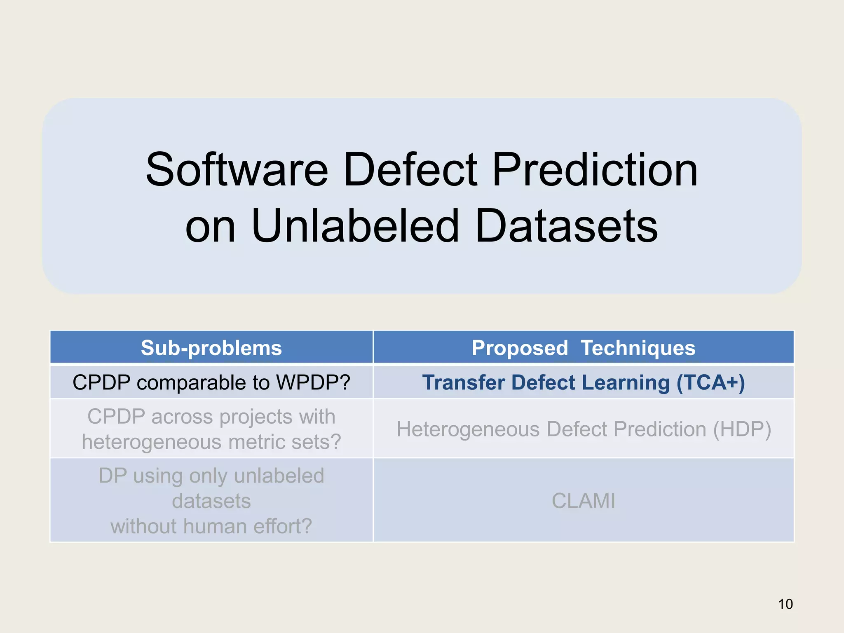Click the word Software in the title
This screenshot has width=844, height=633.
(x=237, y=169)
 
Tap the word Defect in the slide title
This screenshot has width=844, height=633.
(x=410, y=169)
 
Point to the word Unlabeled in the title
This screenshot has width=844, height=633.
(x=355, y=226)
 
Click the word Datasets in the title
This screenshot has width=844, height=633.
(x=566, y=226)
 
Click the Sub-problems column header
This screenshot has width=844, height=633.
(x=211, y=348)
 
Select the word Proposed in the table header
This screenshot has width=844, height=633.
(x=520, y=348)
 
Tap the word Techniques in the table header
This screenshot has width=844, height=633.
(x=638, y=348)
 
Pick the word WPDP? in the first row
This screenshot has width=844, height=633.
(x=313, y=382)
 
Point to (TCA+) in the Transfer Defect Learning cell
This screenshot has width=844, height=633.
(x=710, y=382)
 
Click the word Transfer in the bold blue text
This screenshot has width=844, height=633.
(x=463, y=382)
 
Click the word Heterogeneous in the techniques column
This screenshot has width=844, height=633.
(x=467, y=429)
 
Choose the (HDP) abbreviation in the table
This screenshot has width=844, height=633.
(x=742, y=429)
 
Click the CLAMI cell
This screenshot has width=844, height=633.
(x=583, y=501)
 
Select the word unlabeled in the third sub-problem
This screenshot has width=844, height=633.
(x=279, y=476)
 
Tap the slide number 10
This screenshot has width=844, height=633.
(x=785, y=604)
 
